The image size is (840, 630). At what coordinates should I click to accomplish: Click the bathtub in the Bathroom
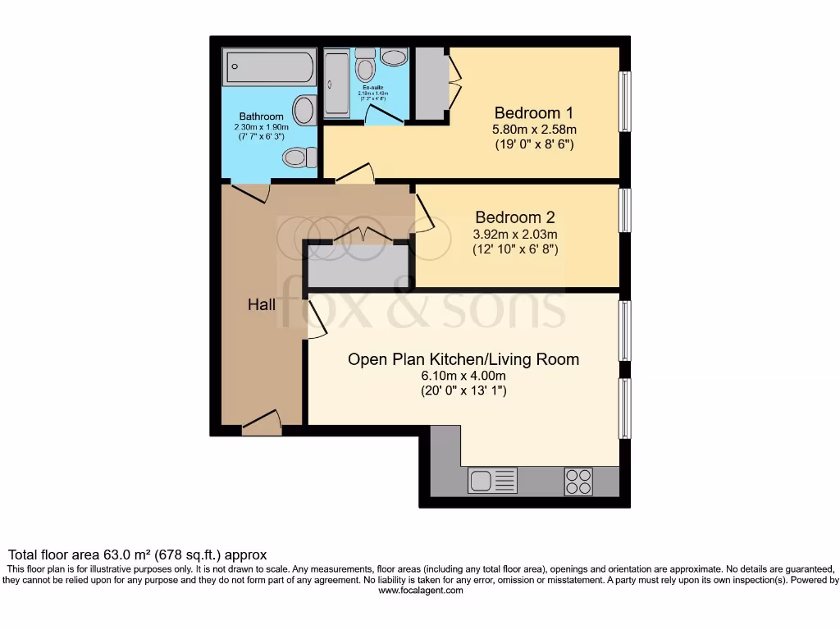click(268, 66)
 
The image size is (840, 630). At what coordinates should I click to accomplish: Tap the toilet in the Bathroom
click(297, 157)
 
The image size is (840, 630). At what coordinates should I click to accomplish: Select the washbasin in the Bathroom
click(305, 110)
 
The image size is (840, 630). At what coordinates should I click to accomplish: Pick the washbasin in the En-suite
click(395, 57)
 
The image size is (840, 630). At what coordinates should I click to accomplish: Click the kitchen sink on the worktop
click(482, 480)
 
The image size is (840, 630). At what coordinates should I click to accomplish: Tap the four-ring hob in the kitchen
click(578, 480)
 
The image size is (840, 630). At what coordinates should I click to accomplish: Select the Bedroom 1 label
click(533, 112)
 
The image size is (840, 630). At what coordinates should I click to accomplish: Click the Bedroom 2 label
click(515, 217)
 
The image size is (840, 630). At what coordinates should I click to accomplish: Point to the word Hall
click(262, 305)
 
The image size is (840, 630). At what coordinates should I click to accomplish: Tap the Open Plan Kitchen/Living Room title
click(463, 359)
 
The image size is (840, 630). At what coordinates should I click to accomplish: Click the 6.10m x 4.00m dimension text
click(463, 376)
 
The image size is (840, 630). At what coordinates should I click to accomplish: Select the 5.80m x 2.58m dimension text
click(533, 129)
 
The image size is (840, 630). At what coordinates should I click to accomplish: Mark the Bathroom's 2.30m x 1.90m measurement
click(262, 127)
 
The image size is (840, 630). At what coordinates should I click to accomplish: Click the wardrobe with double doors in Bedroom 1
click(427, 83)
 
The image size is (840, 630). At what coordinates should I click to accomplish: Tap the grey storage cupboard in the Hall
click(358, 264)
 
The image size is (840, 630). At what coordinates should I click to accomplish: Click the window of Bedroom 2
click(625, 211)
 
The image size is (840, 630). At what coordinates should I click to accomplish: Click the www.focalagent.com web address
click(420, 591)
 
